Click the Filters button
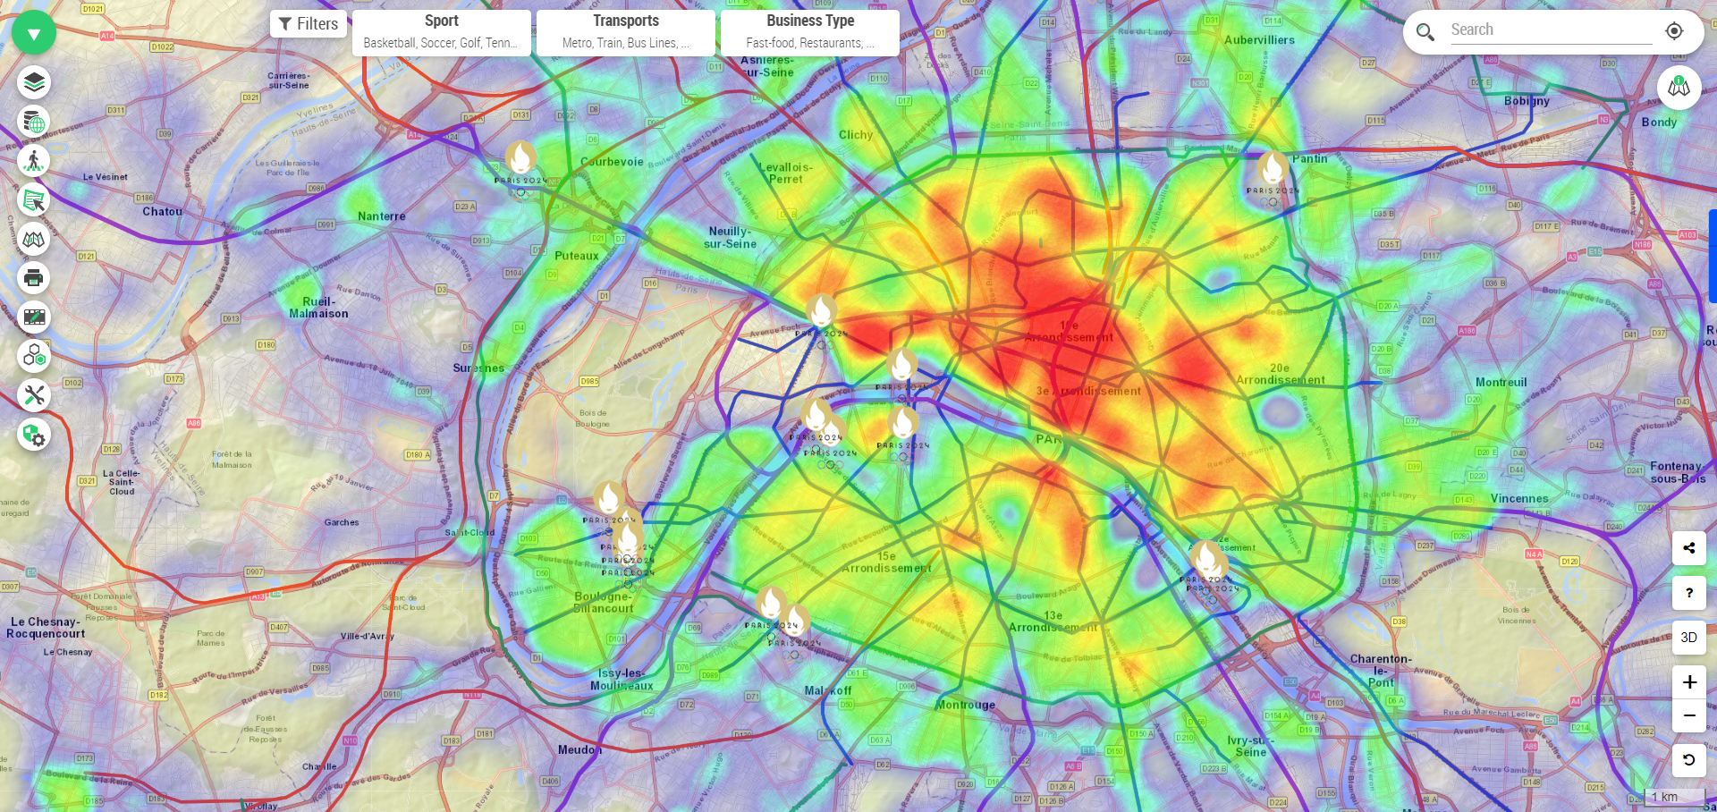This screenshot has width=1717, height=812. pyautogui.click(x=309, y=24)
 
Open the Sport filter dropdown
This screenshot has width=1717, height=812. pyautogui.click(x=441, y=32)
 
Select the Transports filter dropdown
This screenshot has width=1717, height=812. pyautogui.click(x=625, y=32)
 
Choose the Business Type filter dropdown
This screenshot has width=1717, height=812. pyautogui.click(x=809, y=32)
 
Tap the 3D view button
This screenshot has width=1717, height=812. pyautogui.click(x=1688, y=638)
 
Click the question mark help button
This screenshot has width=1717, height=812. pyautogui.click(x=1688, y=593)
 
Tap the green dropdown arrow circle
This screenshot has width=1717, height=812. pyautogui.click(x=34, y=34)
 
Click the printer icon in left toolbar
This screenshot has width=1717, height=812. pyautogui.click(x=34, y=278)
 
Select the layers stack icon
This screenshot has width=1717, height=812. pyautogui.click(x=34, y=83)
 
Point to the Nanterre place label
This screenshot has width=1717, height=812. pyautogui.click(x=382, y=216)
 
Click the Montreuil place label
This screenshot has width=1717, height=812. pyautogui.click(x=1501, y=383)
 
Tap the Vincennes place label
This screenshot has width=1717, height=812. pyautogui.click(x=1519, y=499)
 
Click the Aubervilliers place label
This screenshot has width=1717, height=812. pyautogui.click(x=1259, y=40)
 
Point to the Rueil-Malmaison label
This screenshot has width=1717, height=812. pyautogui.click(x=318, y=308)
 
